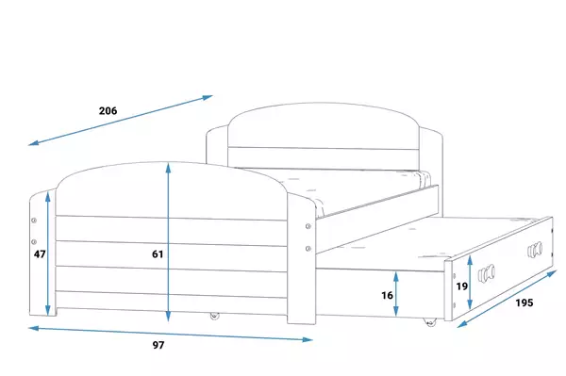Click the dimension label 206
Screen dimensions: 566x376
click(108, 110)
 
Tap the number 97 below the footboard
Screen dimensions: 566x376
click(158, 345)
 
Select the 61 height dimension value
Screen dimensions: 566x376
click(158, 254)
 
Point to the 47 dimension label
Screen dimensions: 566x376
click(40, 254)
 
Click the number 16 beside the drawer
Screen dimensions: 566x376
click(387, 296)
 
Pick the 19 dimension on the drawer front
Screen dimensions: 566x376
click(461, 286)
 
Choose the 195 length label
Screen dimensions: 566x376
click(524, 302)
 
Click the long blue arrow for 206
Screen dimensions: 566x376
click(121, 121)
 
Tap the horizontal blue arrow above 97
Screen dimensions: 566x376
click(171, 334)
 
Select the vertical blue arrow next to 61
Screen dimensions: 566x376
click(168, 242)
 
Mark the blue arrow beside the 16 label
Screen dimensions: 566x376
click(396, 294)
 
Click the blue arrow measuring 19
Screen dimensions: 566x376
click(470, 283)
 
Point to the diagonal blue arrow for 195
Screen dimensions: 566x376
click(508, 299)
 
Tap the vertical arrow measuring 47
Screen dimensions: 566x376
click(48, 253)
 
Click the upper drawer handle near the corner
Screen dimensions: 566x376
click(535, 250)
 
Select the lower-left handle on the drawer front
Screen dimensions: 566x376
click(486, 273)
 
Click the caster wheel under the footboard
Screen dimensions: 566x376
click(214, 316)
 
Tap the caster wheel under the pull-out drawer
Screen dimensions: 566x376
click(429, 322)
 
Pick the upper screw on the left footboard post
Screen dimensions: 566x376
click(34, 221)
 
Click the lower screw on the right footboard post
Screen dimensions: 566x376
click(308, 249)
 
